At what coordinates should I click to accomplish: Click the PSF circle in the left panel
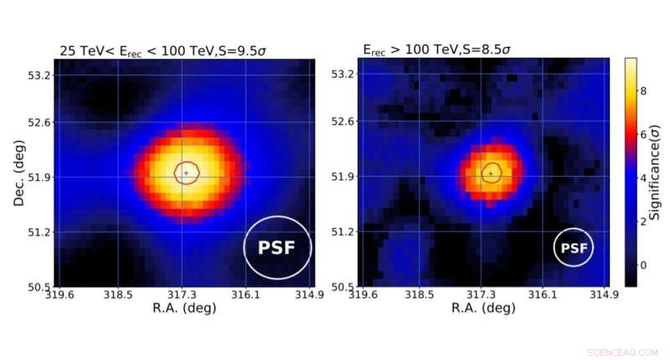pos(277,247)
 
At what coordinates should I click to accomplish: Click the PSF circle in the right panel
pos(573,248)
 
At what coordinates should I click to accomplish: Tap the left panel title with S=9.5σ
pos(161,50)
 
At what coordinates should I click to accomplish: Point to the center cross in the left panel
pos(186,172)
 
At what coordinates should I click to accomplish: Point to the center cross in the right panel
pos(490,172)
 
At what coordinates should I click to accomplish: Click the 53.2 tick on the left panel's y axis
pos(39,75)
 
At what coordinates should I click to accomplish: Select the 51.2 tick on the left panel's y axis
pos(39,232)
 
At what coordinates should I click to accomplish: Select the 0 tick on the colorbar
pos(644,265)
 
